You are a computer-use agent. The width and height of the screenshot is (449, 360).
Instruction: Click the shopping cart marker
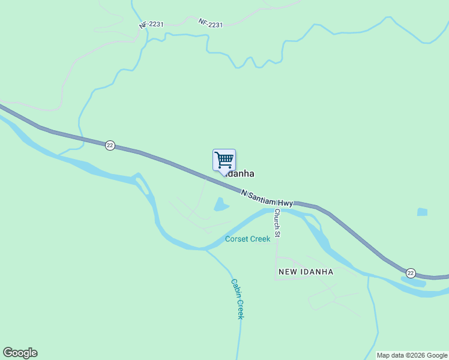tap(224, 160)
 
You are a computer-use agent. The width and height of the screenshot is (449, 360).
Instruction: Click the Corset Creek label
tap(248, 239)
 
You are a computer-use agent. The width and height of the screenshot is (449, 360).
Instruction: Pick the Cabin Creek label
tap(238, 299)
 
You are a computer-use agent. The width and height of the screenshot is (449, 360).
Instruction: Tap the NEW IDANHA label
tap(306, 272)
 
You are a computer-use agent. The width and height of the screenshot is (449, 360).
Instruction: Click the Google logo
tap(20, 353)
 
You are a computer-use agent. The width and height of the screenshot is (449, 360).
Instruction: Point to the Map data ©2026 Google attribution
tap(412, 355)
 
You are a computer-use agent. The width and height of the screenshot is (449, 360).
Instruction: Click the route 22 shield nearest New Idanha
tap(411, 273)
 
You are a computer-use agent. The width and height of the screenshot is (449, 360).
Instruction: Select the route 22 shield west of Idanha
tap(110, 145)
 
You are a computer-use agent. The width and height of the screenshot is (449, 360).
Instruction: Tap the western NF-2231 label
tap(151, 25)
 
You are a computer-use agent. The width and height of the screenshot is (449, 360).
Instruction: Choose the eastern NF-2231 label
tap(211, 23)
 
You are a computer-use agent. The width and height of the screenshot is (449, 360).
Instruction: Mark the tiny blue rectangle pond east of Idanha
tap(422, 212)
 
